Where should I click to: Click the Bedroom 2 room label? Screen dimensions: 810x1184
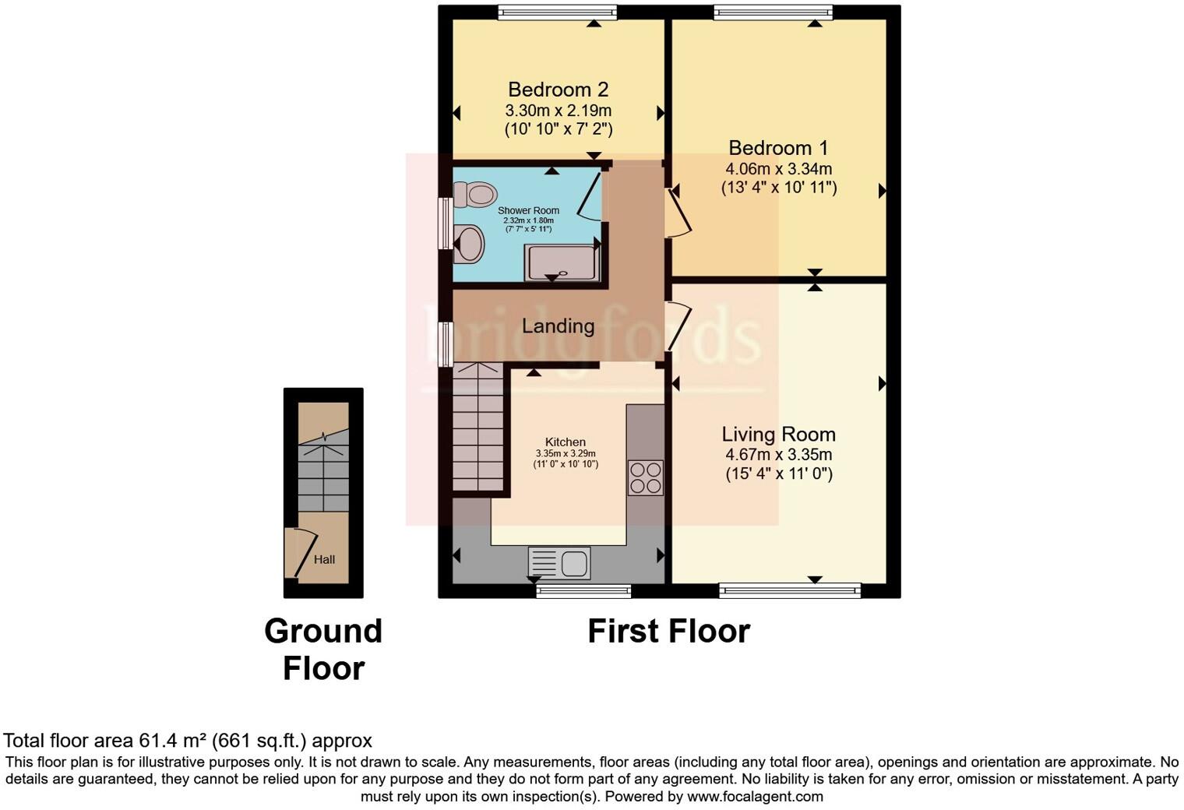pyautogui.click(x=558, y=90)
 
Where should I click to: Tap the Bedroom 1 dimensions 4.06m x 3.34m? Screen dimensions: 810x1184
pyautogui.click(x=778, y=168)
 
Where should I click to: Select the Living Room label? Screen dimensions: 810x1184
pyautogui.click(x=778, y=435)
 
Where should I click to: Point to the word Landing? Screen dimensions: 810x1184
pyautogui.click(x=558, y=326)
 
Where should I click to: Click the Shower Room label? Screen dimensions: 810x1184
pyautogui.click(x=528, y=210)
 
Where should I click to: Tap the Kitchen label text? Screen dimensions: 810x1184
pyautogui.click(x=565, y=442)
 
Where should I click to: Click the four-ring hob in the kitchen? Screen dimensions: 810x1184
pyautogui.click(x=645, y=477)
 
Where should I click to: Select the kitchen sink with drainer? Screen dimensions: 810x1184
pyautogui.click(x=559, y=562)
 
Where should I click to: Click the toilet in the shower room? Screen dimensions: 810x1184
pyautogui.click(x=475, y=194)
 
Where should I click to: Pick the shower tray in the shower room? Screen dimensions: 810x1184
pyautogui.click(x=562, y=262)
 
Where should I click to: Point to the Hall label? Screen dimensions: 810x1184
pyautogui.click(x=324, y=559)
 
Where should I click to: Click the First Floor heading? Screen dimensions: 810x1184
pyautogui.click(x=668, y=631)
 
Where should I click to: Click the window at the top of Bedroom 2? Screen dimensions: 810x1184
pyautogui.click(x=557, y=12)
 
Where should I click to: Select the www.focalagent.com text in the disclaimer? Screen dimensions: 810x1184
pyautogui.click(x=755, y=796)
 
